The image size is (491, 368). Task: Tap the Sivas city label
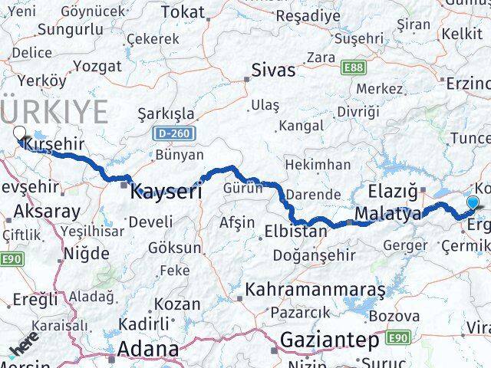coord(273,71)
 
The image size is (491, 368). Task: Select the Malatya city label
coord(387,213)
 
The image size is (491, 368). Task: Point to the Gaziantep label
coord(329,339)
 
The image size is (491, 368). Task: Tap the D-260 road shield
coord(173,133)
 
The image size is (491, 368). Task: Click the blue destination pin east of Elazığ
coord(473,203)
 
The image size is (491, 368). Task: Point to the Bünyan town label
coord(179,156)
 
